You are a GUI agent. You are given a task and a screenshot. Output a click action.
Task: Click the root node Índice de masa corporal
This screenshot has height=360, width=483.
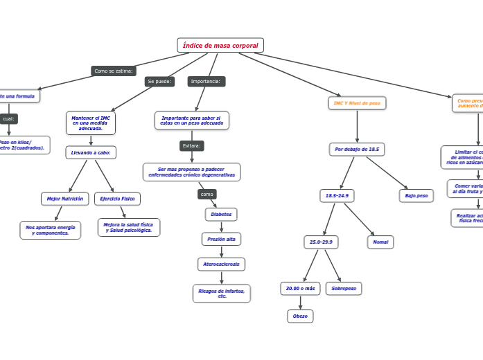(x=220, y=46)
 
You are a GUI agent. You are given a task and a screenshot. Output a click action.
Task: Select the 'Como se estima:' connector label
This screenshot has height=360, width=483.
(x=114, y=71)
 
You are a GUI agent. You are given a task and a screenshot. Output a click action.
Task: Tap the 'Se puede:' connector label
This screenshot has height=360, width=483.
(x=159, y=82)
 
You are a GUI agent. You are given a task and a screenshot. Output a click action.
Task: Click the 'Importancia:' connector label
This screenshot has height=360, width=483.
(x=206, y=82)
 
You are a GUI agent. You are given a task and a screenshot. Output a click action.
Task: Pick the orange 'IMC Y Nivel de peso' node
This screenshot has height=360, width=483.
(x=357, y=103)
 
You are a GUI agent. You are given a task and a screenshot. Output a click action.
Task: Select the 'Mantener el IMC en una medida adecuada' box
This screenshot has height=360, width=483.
(x=91, y=123)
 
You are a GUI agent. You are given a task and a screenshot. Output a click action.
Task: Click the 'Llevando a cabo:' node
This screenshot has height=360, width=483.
(x=91, y=152)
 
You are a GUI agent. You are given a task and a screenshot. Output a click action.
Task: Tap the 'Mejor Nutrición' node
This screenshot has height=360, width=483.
(x=65, y=199)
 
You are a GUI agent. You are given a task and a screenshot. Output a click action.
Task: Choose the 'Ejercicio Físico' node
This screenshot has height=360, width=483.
(x=117, y=199)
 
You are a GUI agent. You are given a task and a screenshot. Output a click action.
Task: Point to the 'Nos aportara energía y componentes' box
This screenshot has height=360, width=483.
(x=51, y=230)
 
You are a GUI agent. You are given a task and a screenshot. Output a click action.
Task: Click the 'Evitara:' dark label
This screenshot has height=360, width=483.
(x=192, y=145)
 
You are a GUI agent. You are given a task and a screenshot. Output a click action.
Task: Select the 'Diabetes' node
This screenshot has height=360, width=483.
(x=221, y=215)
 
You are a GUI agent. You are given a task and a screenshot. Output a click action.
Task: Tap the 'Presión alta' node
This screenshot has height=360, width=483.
(x=221, y=239)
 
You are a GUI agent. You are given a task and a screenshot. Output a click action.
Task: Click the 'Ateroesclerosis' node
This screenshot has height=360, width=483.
(x=221, y=264)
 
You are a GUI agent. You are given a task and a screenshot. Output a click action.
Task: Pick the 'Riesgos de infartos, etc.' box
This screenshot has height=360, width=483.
(x=222, y=294)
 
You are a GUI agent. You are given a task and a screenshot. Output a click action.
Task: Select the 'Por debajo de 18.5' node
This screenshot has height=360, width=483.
(x=357, y=149)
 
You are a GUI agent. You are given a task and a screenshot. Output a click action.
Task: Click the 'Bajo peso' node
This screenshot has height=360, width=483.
(x=416, y=196)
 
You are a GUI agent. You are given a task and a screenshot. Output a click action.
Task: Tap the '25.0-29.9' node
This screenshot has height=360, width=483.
(x=321, y=242)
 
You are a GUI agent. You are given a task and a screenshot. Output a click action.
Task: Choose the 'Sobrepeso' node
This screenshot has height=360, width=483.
(x=344, y=288)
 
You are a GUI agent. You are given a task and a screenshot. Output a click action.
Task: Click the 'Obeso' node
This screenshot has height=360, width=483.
(x=300, y=316)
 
